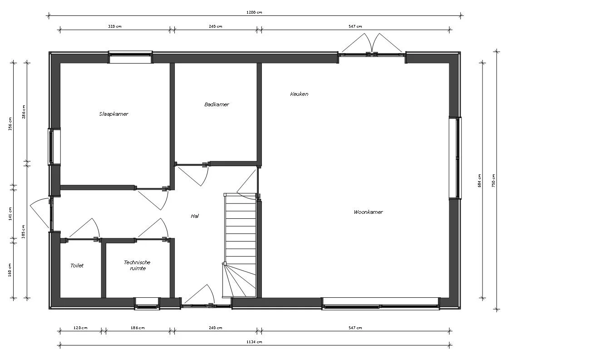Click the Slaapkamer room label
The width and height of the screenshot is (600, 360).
pyautogui.click(x=113, y=114)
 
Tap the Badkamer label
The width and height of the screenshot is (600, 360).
pyautogui.click(x=216, y=104)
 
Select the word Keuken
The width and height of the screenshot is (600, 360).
pyautogui.click(x=299, y=94)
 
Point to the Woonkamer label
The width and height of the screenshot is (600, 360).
pyautogui.click(x=368, y=212)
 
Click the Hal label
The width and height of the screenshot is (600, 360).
pyautogui.click(x=195, y=216)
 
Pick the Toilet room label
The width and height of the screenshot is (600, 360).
pyautogui.click(x=77, y=266)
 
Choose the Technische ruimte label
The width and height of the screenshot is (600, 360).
pyautogui.click(x=137, y=265)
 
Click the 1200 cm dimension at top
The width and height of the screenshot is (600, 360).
pyautogui.click(x=254, y=12)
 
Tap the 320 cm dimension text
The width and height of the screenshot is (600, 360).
pyautogui.click(x=114, y=26)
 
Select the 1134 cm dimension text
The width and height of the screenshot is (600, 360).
pyautogui.click(x=254, y=342)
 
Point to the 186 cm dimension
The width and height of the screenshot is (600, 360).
pyautogui.click(x=137, y=328)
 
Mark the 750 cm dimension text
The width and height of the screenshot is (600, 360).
pyautogui.click(x=493, y=181)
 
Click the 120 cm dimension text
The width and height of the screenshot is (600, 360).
pyautogui.click(x=80, y=328)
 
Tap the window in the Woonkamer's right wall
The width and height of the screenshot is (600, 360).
pyautogui.click(x=455, y=158)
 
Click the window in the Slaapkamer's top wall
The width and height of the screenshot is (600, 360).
pyautogui.click(x=130, y=58)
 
